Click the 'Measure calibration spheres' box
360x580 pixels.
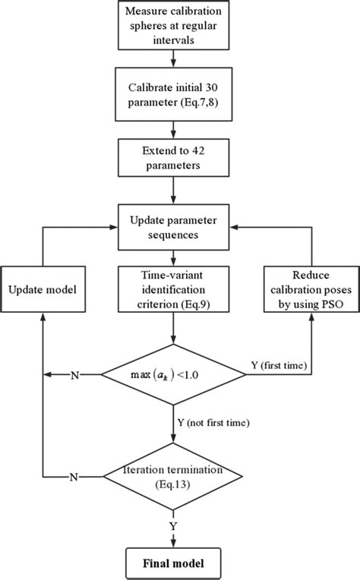[174, 24]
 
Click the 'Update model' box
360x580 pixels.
[44, 291]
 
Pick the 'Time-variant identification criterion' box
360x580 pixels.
[174, 291]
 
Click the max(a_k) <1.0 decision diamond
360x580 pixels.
[174, 373]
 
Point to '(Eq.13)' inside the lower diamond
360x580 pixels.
[174, 484]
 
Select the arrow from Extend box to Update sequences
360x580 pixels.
[174, 189]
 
